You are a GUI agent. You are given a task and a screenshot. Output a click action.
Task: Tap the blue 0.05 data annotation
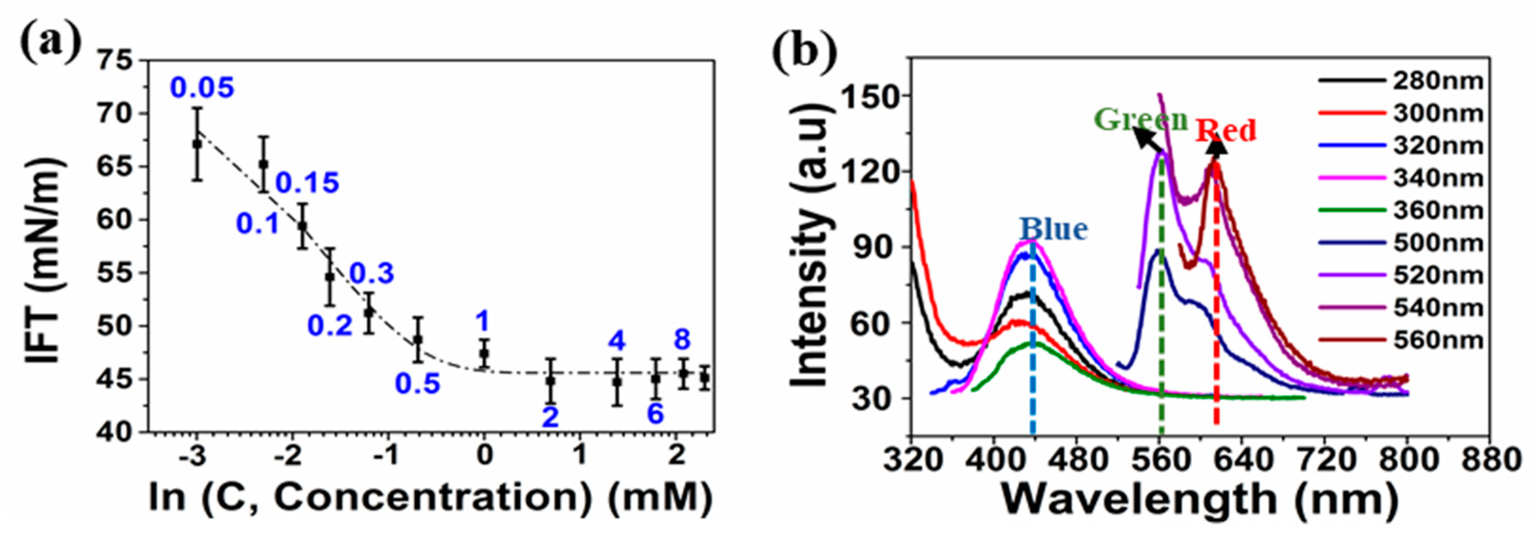coord(202,88)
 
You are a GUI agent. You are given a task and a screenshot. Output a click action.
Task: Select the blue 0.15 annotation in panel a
coord(307,183)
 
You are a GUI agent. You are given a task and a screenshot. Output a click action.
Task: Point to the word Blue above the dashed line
coord(1053,229)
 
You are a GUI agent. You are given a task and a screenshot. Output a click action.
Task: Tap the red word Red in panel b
coord(1225,130)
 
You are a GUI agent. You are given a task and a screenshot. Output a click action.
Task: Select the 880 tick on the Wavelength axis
coord(1490,460)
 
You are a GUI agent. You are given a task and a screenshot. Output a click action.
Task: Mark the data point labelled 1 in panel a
coord(484,353)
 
